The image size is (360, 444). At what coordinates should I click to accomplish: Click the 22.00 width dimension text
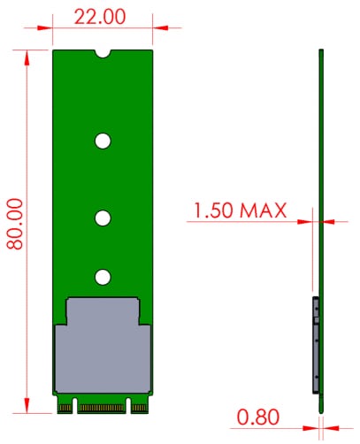[x=100, y=16]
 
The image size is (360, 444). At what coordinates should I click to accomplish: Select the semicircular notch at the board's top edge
[x=103, y=53]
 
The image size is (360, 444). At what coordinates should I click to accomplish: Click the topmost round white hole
[x=103, y=141]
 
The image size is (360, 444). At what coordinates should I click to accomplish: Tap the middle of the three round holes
[x=103, y=217]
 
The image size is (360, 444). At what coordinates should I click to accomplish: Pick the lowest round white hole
[x=103, y=278]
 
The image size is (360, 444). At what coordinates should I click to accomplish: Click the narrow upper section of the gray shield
[x=103, y=311]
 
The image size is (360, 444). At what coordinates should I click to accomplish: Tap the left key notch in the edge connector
[x=76, y=408]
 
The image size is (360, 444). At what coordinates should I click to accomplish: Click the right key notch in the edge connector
[x=129, y=408]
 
